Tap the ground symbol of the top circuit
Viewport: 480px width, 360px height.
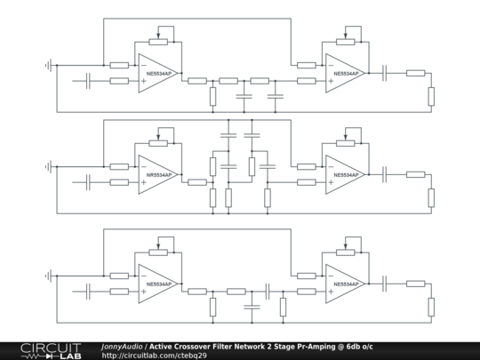[x=48, y=65]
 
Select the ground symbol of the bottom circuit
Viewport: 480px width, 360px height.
[x=48, y=276]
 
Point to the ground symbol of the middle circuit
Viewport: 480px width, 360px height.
[x=48, y=166]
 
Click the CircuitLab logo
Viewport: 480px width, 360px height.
[x=52, y=351]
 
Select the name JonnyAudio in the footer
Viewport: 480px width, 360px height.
[x=122, y=347]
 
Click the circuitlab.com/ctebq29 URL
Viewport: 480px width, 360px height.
[x=155, y=356]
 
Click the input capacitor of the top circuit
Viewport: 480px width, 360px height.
[x=88, y=81]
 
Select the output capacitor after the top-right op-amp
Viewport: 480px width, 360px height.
[x=385, y=73]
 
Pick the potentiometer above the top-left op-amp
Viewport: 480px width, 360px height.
[x=158, y=42]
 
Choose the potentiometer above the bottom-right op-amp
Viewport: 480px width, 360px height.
[x=346, y=252]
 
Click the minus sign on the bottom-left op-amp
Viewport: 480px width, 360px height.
[x=144, y=276]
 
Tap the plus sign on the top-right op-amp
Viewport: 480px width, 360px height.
[x=331, y=81]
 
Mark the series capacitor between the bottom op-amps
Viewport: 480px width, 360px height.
[x=268, y=292]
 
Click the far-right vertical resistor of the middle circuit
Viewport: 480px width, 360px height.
[x=431, y=197]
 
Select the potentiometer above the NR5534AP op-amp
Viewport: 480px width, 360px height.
[x=158, y=143]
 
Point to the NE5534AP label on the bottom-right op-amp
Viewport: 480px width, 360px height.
[x=346, y=284]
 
